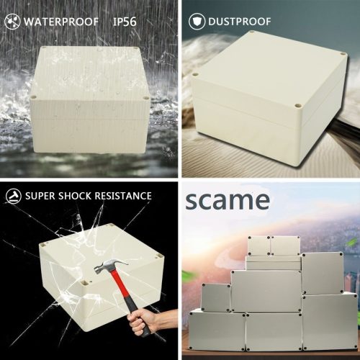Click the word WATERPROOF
[x=61, y=22]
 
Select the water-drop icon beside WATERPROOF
[x=12, y=22]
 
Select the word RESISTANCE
[x=125, y=195]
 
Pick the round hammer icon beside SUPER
[x=12, y=195]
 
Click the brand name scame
[x=228, y=200]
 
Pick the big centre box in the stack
[x=265, y=292]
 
